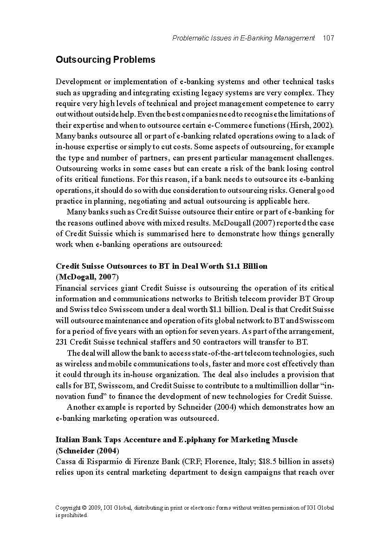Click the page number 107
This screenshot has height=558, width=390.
coord(328,38)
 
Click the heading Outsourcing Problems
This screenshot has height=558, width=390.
coord(105,60)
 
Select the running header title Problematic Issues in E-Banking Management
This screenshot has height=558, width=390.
coord(244,38)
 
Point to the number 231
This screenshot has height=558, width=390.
coord(62,342)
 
